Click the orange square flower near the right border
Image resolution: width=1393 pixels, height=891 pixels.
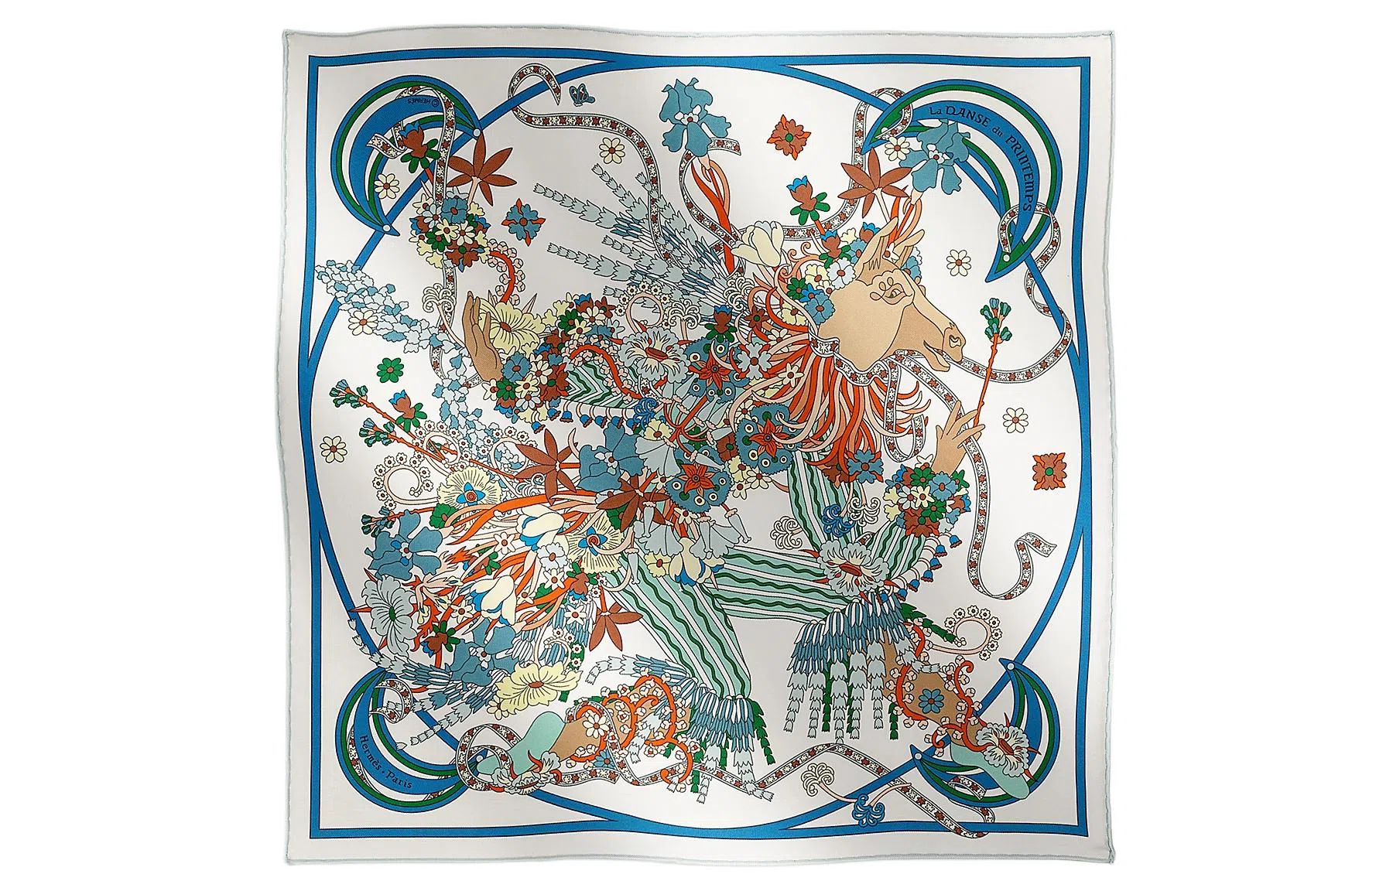(x=1047, y=468)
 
